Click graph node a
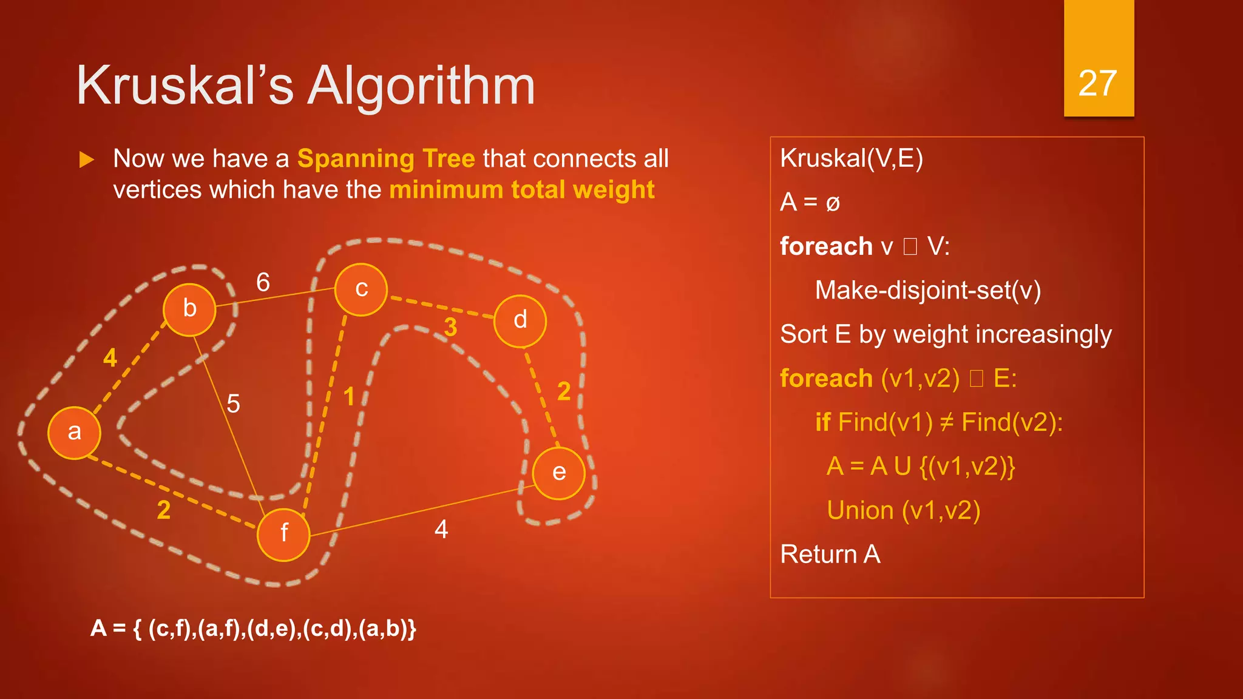[x=74, y=433]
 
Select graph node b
[x=189, y=309]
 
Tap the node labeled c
[x=361, y=289]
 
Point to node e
[x=558, y=473]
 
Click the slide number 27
[x=1098, y=83]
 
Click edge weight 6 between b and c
[x=263, y=282]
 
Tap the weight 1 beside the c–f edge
[x=349, y=397]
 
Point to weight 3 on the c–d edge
[x=450, y=328]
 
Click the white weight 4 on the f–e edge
[x=441, y=530]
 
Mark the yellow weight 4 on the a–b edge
[x=110, y=358]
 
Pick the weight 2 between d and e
[x=564, y=391]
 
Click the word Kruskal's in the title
[x=185, y=86]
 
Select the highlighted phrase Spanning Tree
[x=386, y=159]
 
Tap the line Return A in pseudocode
[x=830, y=555]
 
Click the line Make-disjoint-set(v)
[x=927, y=291]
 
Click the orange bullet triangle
[x=87, y=160]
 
